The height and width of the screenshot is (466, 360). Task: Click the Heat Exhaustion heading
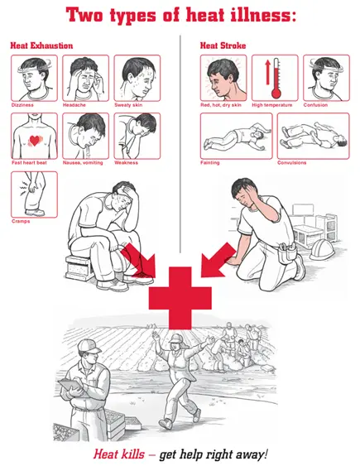(x=41, y=46)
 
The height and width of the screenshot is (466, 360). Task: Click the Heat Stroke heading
(x=223, y=46)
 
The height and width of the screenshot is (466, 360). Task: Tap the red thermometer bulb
(x=276, y=94)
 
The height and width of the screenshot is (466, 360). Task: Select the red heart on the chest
(x=35, y=140)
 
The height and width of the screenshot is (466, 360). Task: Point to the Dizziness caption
(x=22, y=105)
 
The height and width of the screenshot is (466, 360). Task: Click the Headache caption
(x=74, y=105)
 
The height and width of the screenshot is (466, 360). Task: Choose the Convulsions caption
(x=291, y=162)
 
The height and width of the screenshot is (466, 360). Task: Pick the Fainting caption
(x=210, y=162)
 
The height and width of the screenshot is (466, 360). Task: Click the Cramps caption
(x=21, y=221)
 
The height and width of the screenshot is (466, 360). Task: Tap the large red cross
(x=180, y=298)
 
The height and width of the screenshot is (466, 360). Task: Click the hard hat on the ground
(x=322, y=249)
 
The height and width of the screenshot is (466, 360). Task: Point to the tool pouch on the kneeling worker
(x=288, y=253)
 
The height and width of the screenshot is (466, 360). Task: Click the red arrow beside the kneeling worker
(x=218, y=261)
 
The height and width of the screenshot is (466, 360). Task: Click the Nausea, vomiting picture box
(x=85, y=136)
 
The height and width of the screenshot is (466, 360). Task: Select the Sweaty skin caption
(x=128, y=105)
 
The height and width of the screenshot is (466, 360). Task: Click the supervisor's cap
(x=89, y=346)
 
